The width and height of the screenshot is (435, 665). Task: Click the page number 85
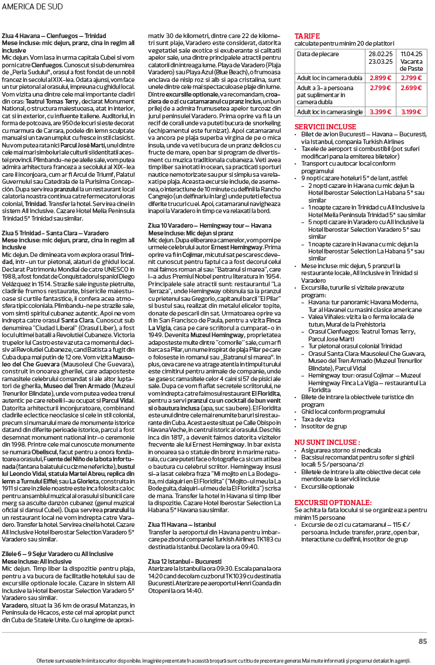click(423, 641)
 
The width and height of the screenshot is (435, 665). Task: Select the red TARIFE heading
click(307, 36)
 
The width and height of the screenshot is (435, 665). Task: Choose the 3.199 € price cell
click(412, 111)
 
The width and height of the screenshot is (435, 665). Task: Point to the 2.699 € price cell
click(412, 88)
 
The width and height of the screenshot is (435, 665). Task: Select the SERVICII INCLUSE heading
click(324, 126)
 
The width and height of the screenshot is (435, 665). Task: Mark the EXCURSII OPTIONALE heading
click(333, 502)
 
